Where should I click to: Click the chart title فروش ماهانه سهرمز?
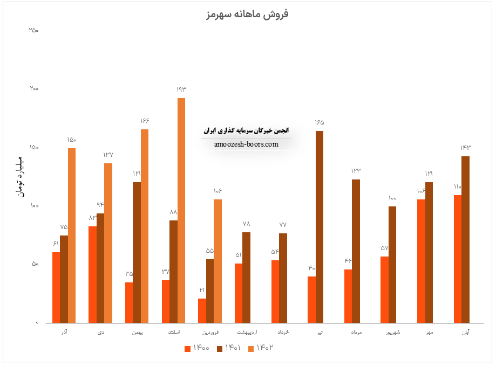248,13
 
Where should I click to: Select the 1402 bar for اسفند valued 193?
181,210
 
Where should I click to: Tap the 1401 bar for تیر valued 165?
320,227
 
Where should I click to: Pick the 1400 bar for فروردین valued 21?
202,310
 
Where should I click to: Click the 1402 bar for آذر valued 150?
72,235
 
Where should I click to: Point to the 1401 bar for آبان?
465,239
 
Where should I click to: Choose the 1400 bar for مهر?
421,261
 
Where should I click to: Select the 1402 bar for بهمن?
144,226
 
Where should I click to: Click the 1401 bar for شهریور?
392,265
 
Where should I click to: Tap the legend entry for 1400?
198,348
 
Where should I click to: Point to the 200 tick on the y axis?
33,89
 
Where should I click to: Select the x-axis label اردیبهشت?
246,333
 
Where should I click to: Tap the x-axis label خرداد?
283,333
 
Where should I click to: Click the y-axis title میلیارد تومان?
21,176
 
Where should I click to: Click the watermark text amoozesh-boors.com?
246,144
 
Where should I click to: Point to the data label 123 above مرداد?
356,171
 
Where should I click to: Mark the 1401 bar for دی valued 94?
100,268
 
